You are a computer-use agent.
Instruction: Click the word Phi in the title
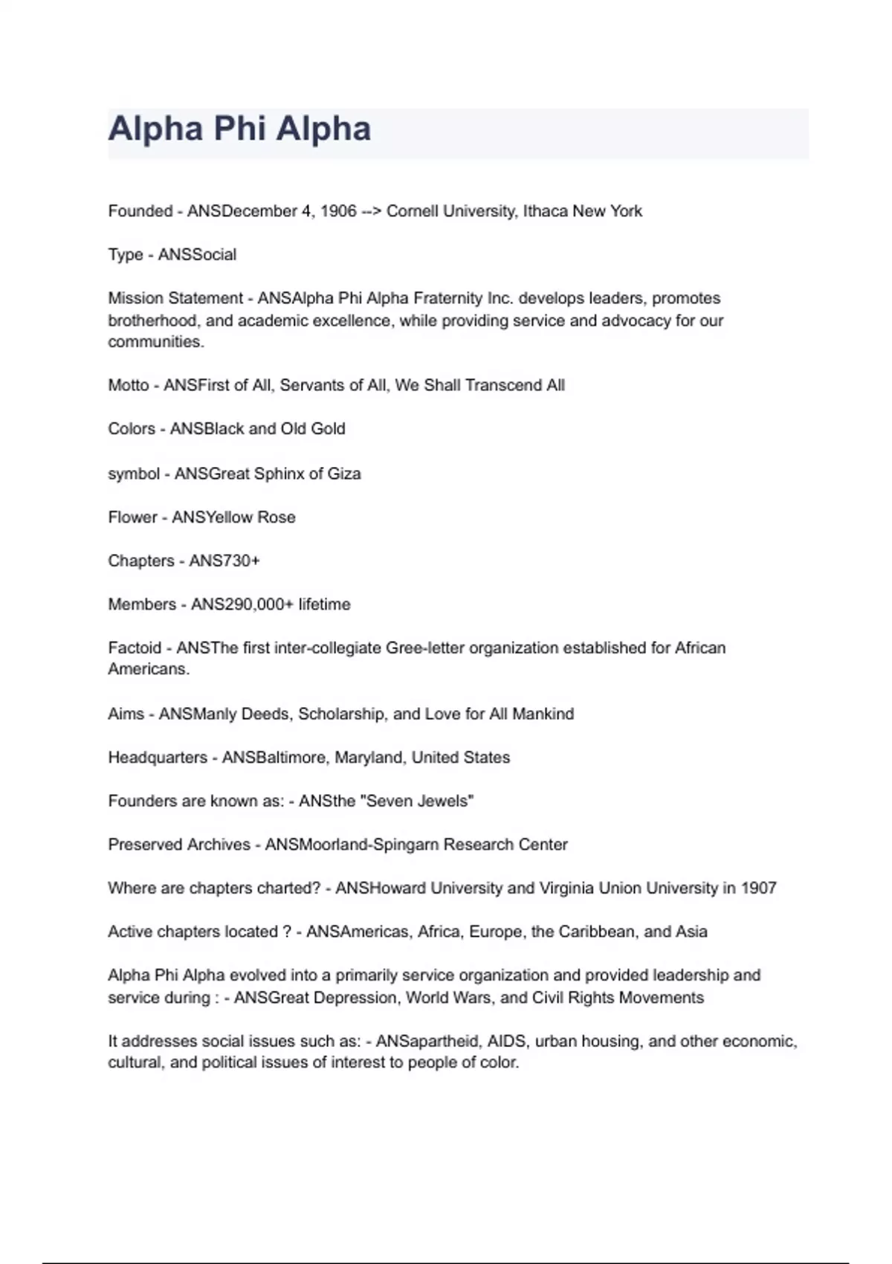click(239, 129)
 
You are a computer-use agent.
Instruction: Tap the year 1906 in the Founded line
click(338, 211)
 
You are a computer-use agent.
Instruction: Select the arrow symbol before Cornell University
click(371, 211)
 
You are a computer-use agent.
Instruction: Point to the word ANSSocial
click(197, 254)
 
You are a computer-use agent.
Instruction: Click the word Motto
click(129, 385)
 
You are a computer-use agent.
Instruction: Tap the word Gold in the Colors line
click(328, 429)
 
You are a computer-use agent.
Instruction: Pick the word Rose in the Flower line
click(277, 517)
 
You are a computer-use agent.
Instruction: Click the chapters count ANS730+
click(224, 561)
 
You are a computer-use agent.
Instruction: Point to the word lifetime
click(324, 604)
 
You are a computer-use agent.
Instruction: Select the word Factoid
click(135, 648)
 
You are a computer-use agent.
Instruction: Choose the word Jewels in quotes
click(447, 801)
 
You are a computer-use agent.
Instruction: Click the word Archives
click(221, 845)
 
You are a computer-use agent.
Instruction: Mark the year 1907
click(758, 888)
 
